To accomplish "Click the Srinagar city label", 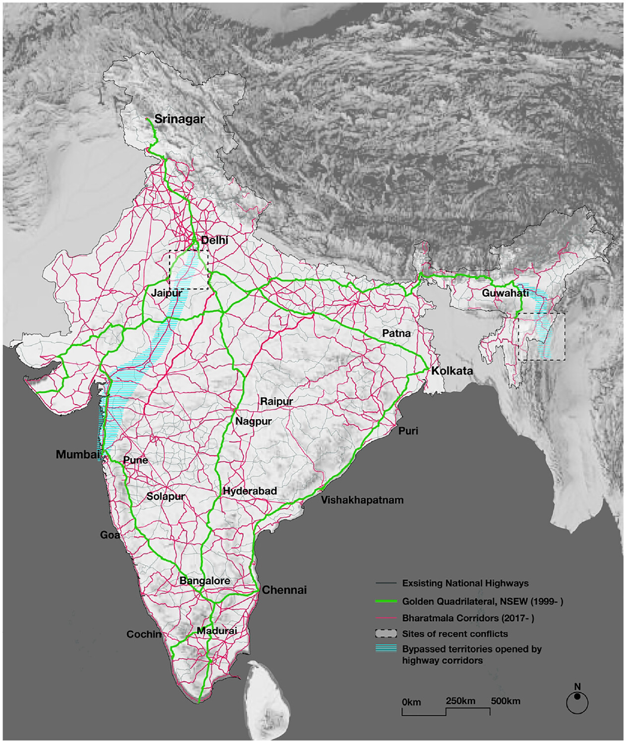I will point(179,119).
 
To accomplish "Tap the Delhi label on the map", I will point(215,240).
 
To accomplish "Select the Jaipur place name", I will point(167,293).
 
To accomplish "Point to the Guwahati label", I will point(505,293).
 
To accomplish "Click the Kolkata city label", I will point(452,371).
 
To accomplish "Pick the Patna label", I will point(396,333).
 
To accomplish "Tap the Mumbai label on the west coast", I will point(78,454).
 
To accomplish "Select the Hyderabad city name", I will point(250,491).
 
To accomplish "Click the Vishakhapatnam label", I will point(362,500).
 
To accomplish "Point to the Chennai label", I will point(284,590).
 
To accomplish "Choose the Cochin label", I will point(144,634).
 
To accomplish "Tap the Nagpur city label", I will point(253,421).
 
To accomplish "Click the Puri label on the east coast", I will point(408,431).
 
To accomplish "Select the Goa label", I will point(110,535).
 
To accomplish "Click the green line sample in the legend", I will point(386,601).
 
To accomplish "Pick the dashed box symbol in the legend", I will point(386,634).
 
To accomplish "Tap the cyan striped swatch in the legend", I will point(386,648).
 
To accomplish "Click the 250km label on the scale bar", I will point(460,701).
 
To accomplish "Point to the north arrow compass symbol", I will point(577,701).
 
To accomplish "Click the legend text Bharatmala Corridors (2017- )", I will point(468,618).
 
